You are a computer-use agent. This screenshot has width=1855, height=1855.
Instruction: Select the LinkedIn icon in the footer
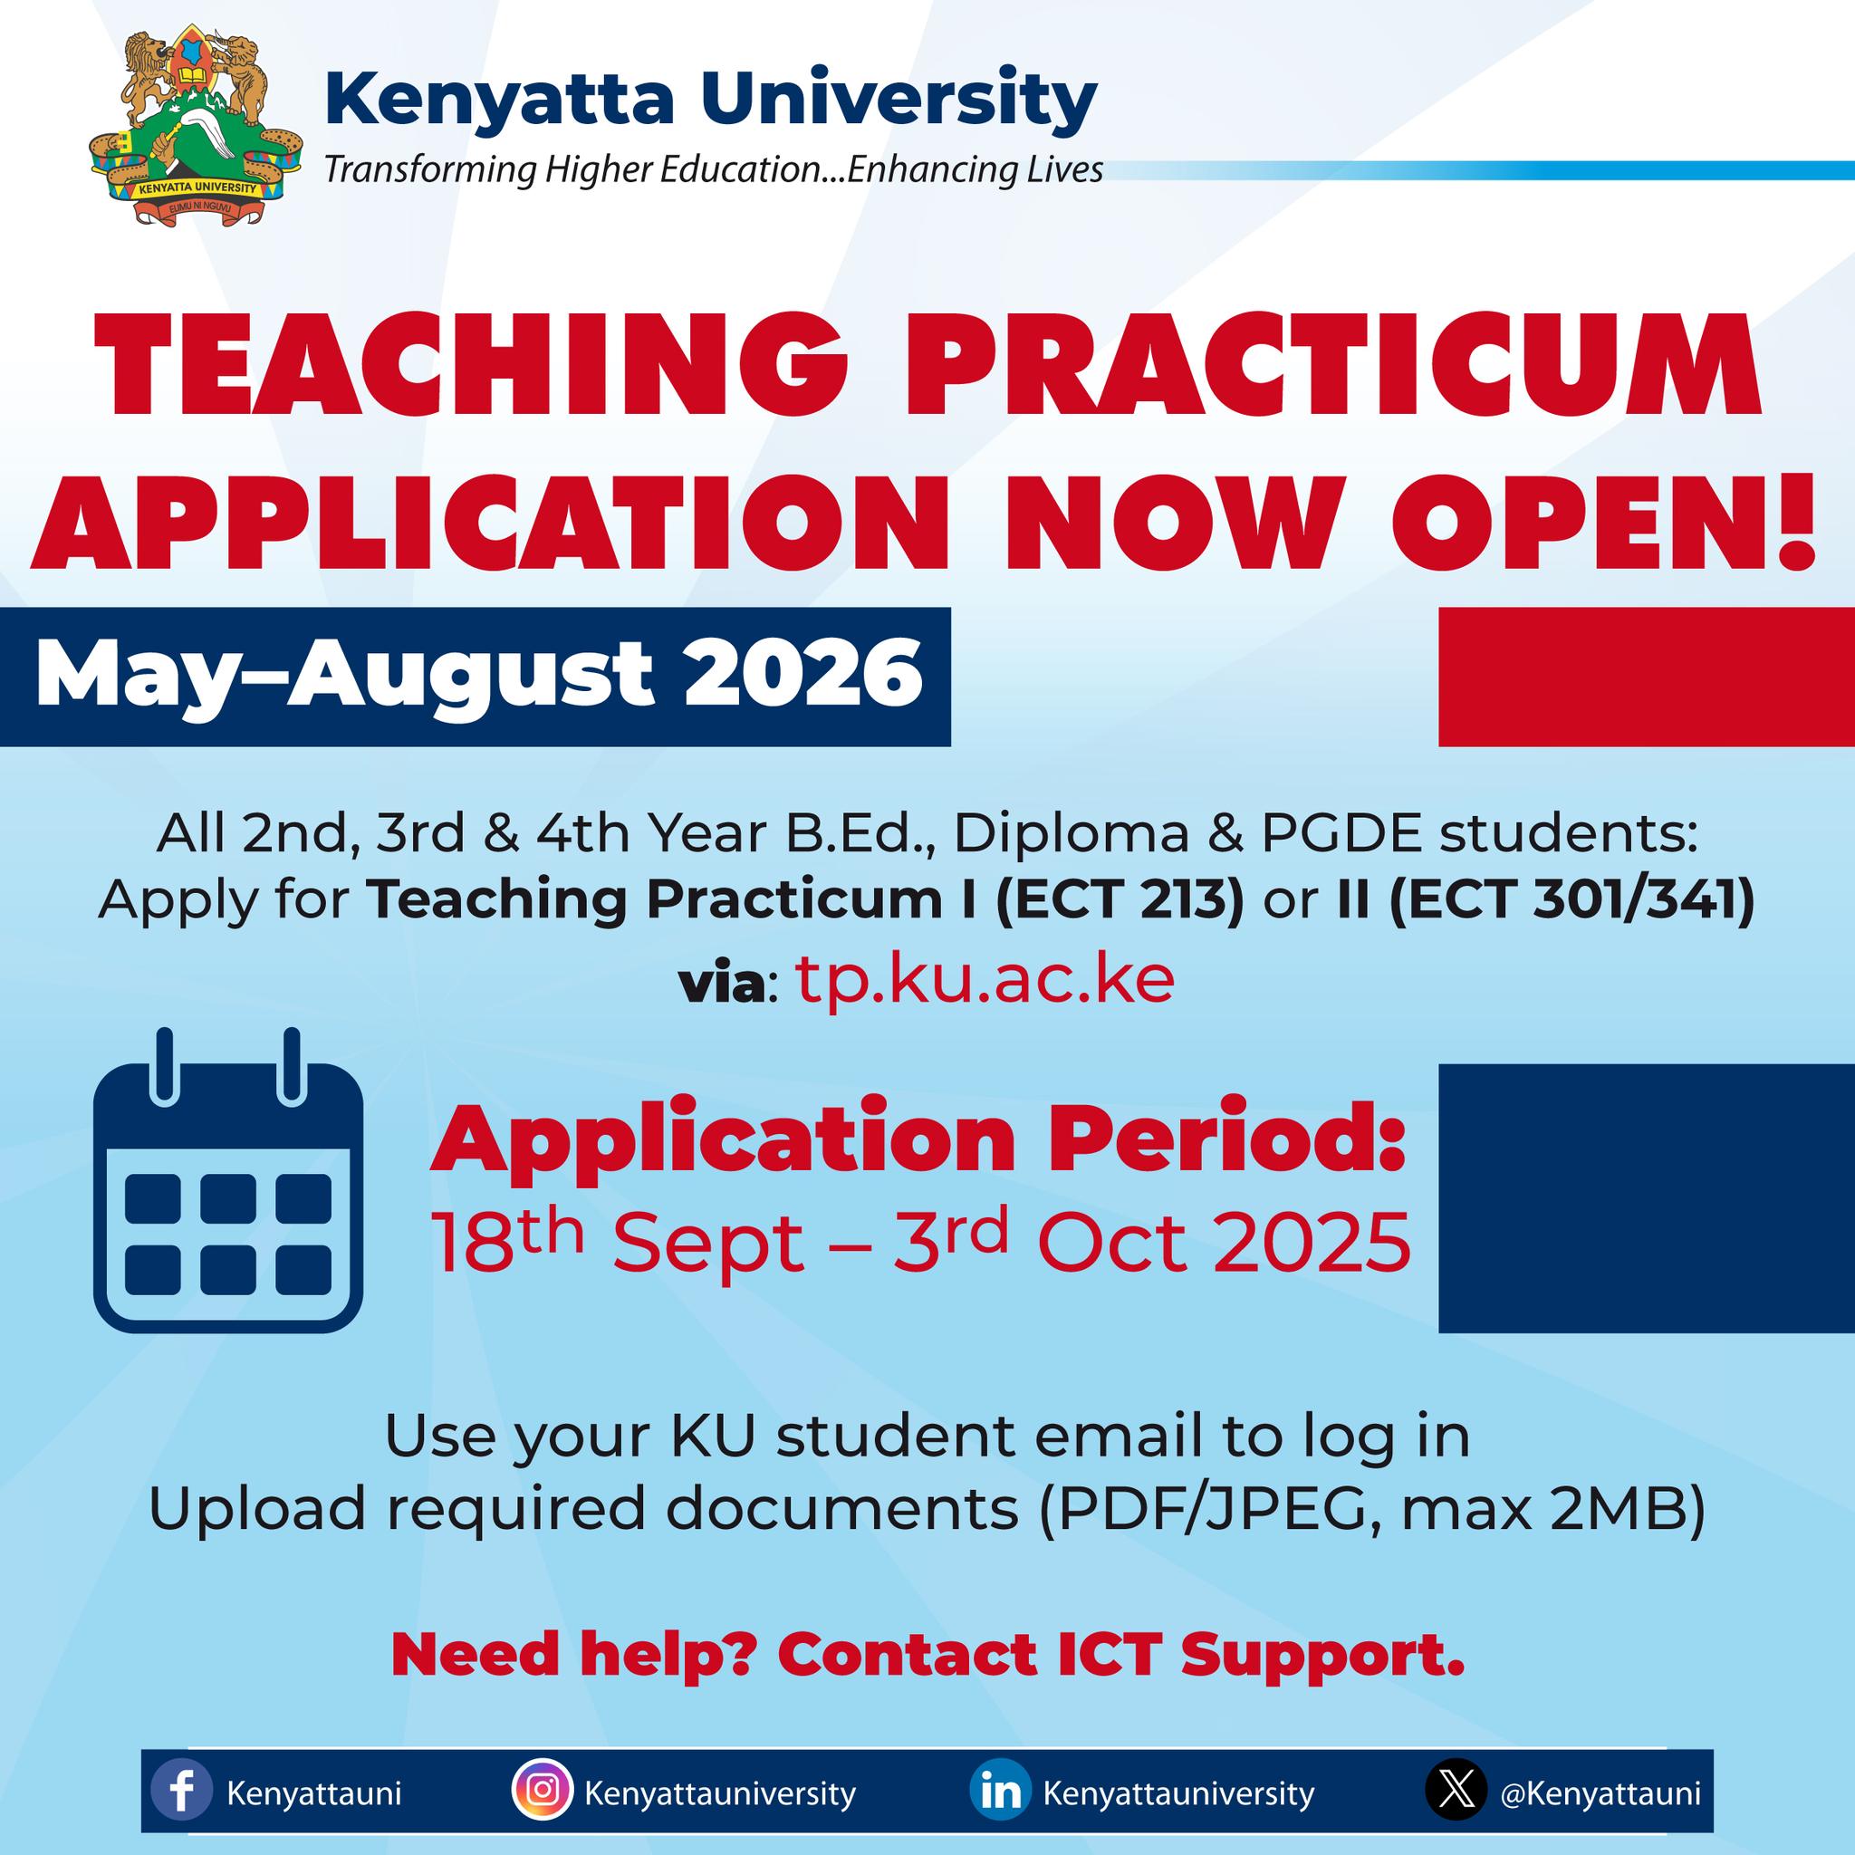pyautogui.click(x=1000, y=1793)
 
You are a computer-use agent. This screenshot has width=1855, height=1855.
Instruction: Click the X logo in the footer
pyautogui.click(x=1456, y=1793)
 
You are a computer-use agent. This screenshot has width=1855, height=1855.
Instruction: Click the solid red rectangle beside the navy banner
pyautogui.click(x=1647, y=676)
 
